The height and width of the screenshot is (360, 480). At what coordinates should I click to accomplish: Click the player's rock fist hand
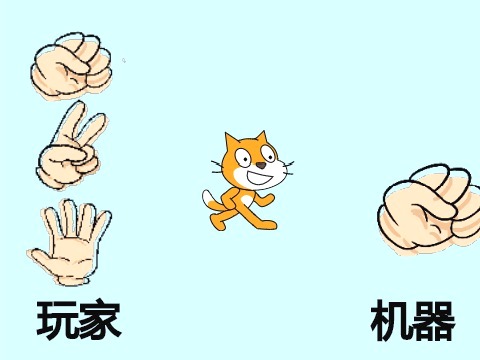pyautogui.click(x=72, y=67)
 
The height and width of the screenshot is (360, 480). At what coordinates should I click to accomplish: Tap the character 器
pyautogui.click(x=433, y=321)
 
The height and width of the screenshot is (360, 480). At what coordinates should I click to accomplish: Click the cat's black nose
pyautogui.click(x=261, y=165)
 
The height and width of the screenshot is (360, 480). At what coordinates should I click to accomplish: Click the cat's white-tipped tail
pyautogui.click(x=211, y=201)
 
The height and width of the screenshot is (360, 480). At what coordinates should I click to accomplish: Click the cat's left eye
pyautogui.click(x=244, y=158)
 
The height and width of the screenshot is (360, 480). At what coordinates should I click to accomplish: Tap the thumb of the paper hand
pyautogui.click(x=42, y=259)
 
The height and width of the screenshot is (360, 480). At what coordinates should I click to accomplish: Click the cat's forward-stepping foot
pyautogui.click(x=267, y=225)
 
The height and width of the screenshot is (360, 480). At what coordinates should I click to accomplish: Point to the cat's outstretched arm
pyautogui.click(x=265, y=199)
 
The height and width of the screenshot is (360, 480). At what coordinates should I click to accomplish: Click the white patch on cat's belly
pyautogui.click(x=246, y=200)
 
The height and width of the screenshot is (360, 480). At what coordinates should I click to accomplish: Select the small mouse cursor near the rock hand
pyautogui.click(x=124, y=61)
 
